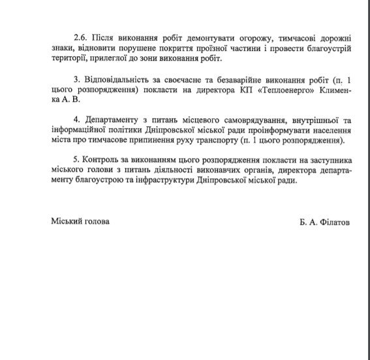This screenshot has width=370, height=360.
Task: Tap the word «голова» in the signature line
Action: click(97, 221)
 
